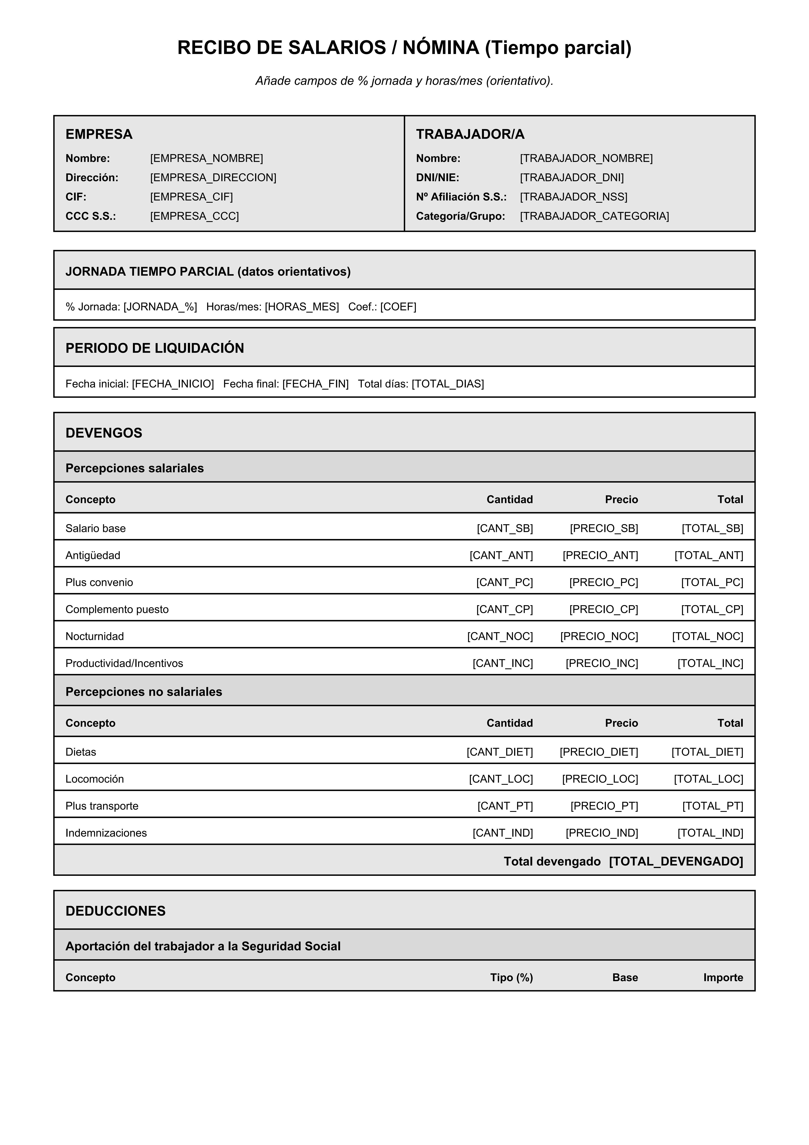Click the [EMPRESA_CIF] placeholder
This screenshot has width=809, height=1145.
(191, 197)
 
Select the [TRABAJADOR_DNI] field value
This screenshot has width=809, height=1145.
(572, 178)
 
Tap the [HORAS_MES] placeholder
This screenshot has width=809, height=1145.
(302, 307)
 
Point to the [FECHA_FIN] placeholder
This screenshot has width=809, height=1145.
(315, 384)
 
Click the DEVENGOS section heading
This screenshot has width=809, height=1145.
(104, 433)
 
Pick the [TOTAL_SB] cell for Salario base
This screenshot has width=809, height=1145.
(712, 529)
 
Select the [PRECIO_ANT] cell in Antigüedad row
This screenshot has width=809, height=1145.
(600, 556)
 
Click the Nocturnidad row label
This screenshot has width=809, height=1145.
(95, 636)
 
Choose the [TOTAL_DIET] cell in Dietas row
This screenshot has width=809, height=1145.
(707, 752)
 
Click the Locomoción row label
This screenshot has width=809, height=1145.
(95, 779)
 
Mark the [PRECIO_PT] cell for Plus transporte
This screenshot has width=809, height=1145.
(604, 806)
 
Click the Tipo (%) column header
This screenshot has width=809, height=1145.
(511, 977)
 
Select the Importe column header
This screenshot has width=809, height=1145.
(723, 977)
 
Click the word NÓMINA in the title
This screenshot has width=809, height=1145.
(441, 48)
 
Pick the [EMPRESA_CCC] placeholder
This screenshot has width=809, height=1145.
(194, 216)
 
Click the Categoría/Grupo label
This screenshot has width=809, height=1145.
(461, 216)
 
